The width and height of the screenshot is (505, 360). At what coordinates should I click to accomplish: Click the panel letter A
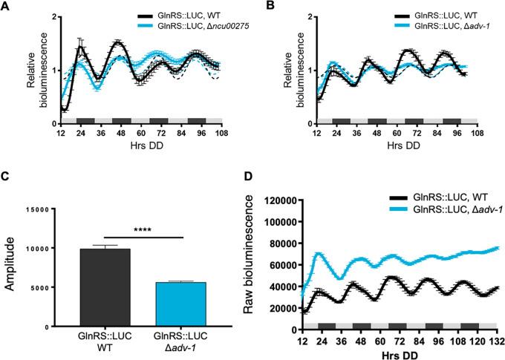[6, 7]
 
